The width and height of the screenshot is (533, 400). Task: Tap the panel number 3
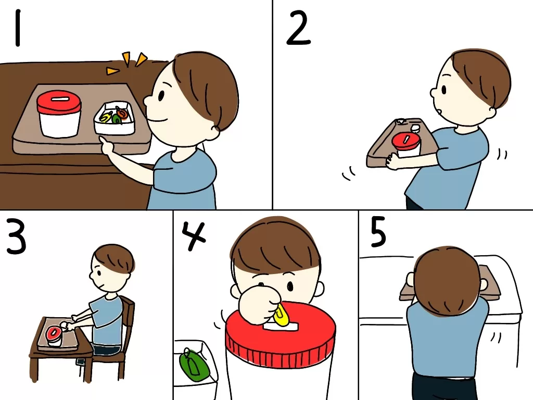(x=16, y=237)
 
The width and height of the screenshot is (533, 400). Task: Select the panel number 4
(x=194, y=235)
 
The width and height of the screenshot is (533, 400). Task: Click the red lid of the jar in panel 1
(x=59, y=102)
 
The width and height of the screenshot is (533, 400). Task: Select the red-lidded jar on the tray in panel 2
(x=407, y=144)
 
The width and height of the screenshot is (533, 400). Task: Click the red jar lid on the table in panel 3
(x=54, y=333)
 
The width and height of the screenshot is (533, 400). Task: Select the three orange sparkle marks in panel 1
(x=126, y=63)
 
